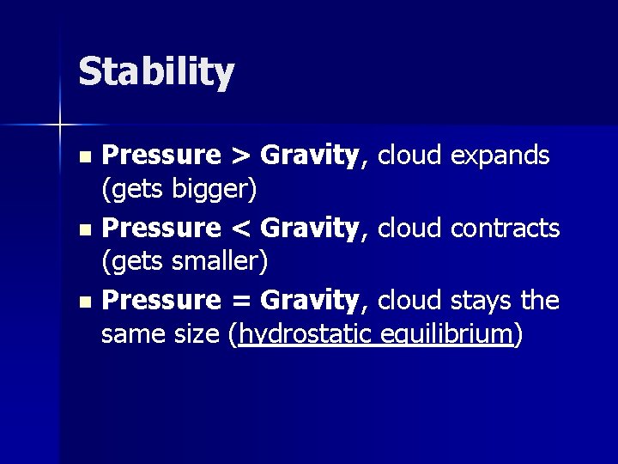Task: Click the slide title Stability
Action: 155,72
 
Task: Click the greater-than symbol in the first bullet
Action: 240,156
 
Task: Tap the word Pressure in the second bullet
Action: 161,229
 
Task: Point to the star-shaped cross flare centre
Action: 60,125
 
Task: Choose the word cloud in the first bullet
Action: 409,156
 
